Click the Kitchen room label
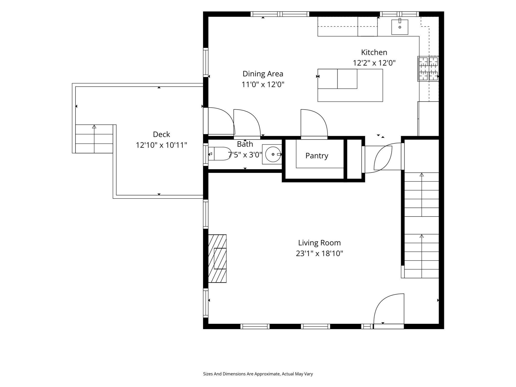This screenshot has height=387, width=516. (x=374, y=52)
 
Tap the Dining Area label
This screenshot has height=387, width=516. (x=263, y=74)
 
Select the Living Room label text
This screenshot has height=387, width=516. (x=319, y=243)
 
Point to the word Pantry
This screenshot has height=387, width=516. (x=317, y=156)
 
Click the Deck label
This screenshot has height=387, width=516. (x=162, y=134)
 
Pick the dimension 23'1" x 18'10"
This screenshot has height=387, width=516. (x=319, y=253)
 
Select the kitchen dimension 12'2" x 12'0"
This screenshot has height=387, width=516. (x=374, y=63)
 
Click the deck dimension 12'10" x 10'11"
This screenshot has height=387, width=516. (x=162, y=145)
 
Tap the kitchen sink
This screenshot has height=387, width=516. (x=400, y=27)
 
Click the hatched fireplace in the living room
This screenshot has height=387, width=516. (x=217, y=259)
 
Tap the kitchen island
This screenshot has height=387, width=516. (x=350, y=85)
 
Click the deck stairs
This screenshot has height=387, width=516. (x=94, y=139)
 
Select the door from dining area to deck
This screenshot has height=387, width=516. (x=219, y=121)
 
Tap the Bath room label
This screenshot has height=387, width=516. (x=245, y=144)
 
